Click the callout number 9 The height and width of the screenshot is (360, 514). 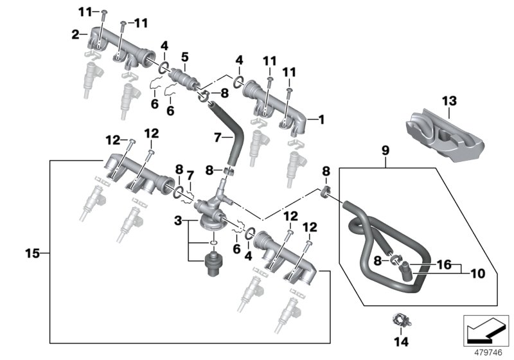pos(385,152)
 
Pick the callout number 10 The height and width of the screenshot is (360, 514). pos(477,273)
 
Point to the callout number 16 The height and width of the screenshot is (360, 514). pos(443,264)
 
